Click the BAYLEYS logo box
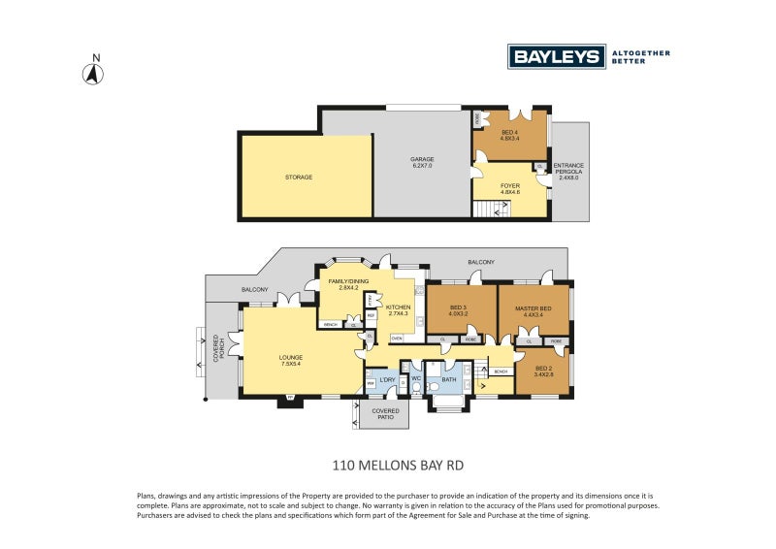[x=557, y=56]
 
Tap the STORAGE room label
[x=298, y=178]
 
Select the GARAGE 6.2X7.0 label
[x=421, y=163]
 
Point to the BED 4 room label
[x=510, y=136]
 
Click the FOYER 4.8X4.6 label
[x=510, y=188]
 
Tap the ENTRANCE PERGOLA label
[x=568, y=172]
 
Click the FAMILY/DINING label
[x=342, y=284]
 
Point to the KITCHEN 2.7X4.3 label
[x=399, y=310]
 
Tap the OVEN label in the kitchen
[x=397, y=338]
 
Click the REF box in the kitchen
[x=371, y=315]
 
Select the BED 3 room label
[x=459, y=310]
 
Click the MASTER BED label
[x=534, y=310]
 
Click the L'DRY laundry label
[x=386, y=379]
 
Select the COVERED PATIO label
[x=385, y=414]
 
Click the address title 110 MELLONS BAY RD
[x=388, y=464]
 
